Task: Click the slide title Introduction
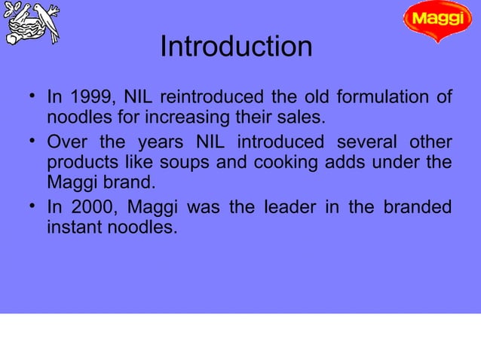(x=236, y=47)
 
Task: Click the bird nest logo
(x=32, y=23)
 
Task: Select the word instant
(x=75, y=226)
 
